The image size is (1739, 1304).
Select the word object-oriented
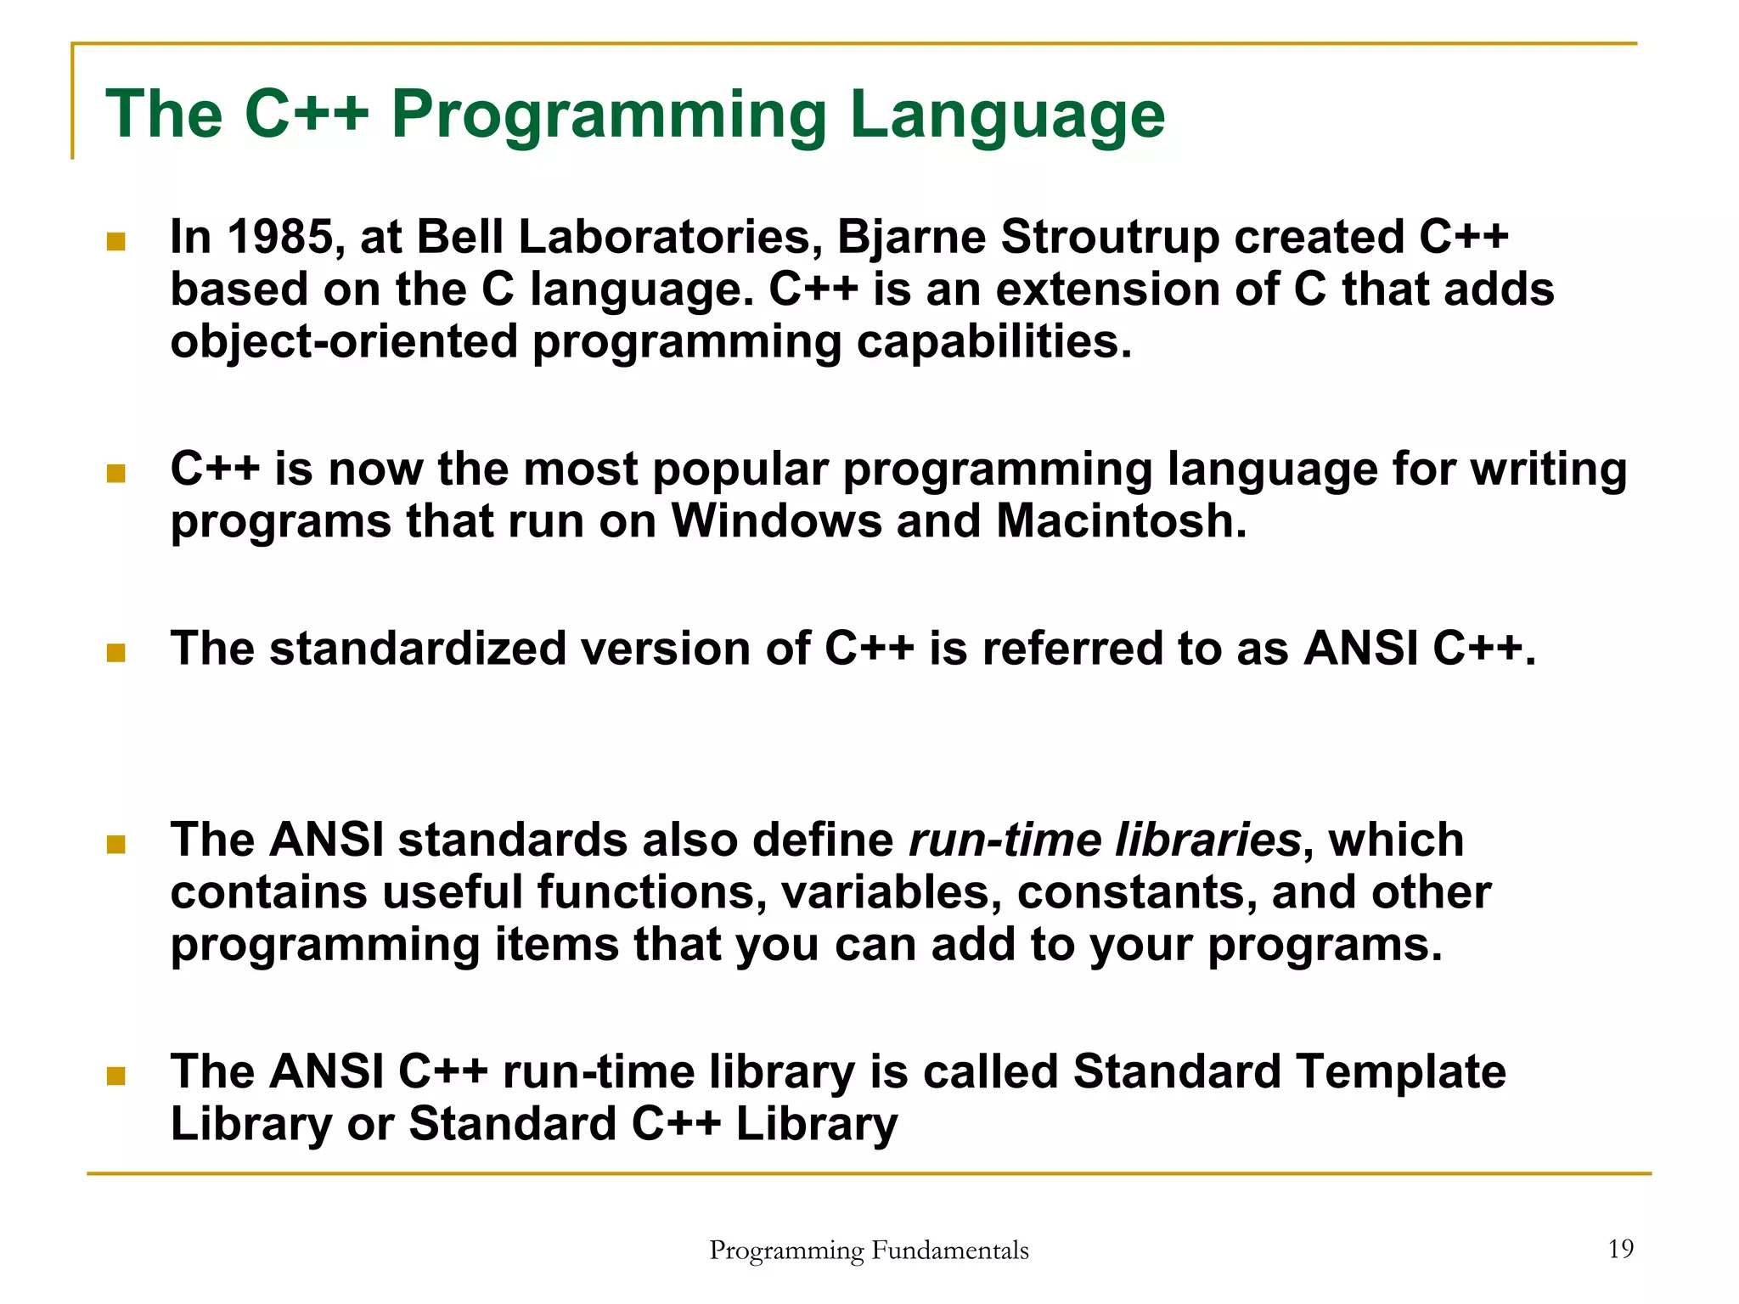(x=343, y=342)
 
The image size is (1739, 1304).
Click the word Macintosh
(x=1121, y=520)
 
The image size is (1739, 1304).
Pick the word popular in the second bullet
(x=739, y=469)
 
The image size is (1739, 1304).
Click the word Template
(x=1401, y=1071)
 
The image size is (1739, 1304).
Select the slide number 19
(x=1620, y=1249)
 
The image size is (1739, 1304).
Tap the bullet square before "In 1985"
(x=116, y=243)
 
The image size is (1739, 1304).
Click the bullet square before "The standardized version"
(x=116, y=653)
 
